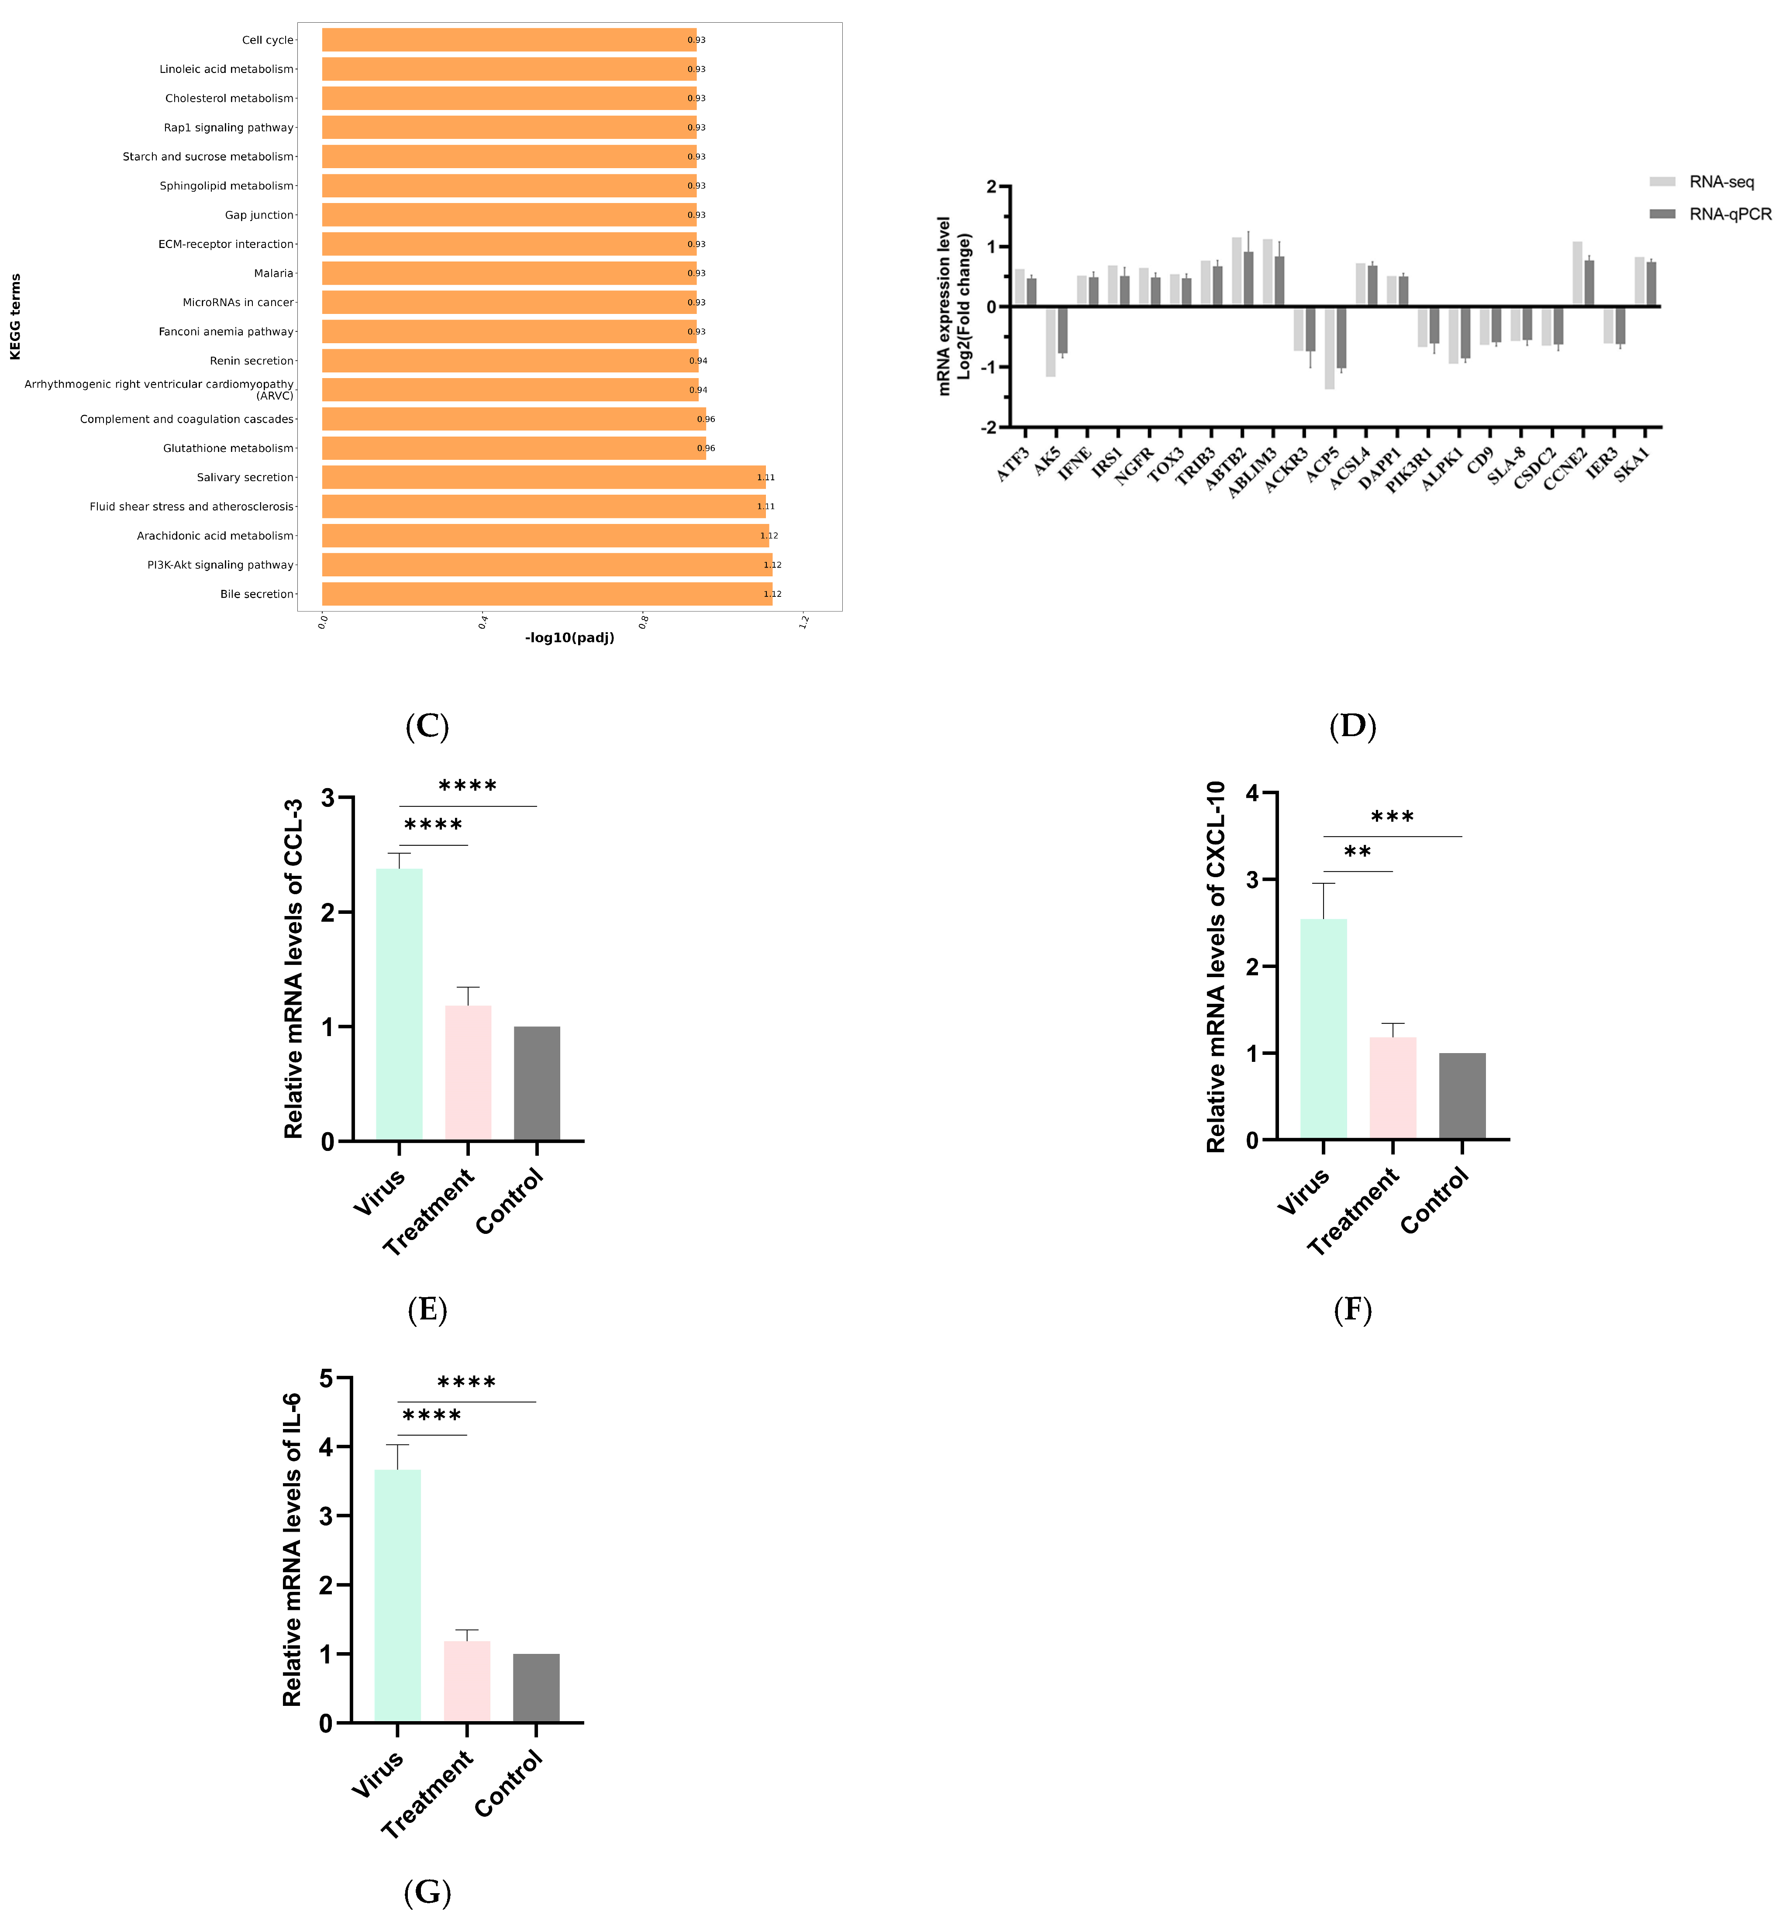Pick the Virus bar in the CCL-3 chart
point(399,1004)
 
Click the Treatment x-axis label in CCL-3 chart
point(429,1212)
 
